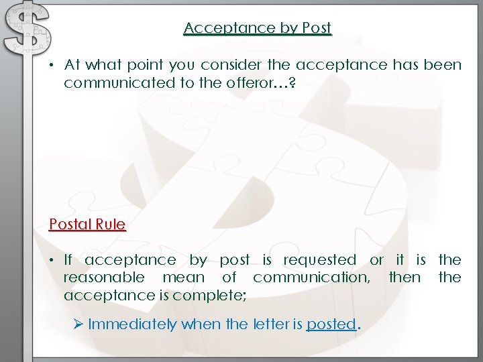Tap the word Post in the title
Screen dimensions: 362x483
tap(317, 28)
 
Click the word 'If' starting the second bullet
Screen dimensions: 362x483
tap(68, 260)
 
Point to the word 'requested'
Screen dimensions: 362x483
tap(320, 260)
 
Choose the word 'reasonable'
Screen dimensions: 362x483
tap(104, 278)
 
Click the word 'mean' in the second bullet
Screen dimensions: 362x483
tap(183, 278)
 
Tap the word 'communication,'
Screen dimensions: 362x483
tap(311, 278)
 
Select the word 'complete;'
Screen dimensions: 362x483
tap(209, 295)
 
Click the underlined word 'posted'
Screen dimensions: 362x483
tap(331, 324)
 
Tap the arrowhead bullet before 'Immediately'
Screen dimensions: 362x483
tap(78, 324)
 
